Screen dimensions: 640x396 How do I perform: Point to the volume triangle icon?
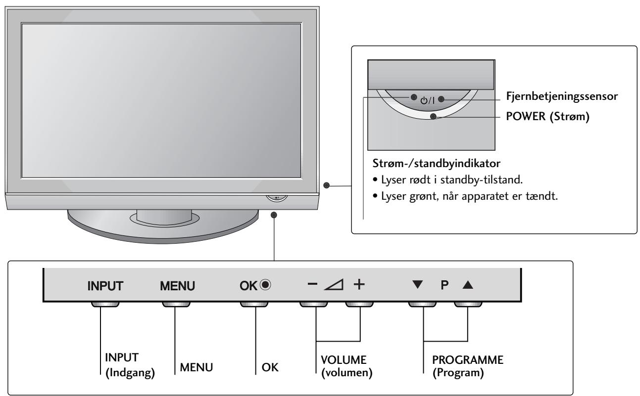coord(333,285)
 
